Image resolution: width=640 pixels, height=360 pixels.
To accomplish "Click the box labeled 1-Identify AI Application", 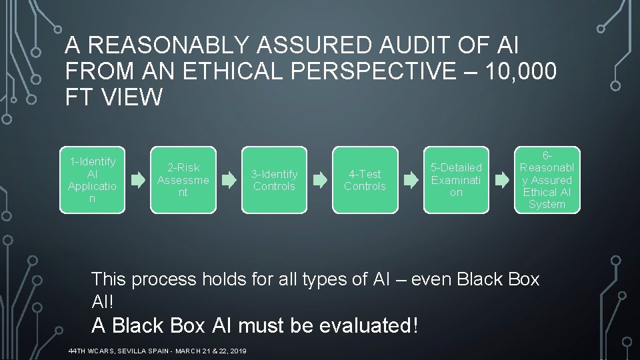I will (92, 180).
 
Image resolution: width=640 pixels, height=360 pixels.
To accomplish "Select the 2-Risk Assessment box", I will (183, 180).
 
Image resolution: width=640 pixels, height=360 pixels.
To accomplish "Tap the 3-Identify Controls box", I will (274, 180).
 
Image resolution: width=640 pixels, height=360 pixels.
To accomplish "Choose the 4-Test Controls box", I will (365, 180).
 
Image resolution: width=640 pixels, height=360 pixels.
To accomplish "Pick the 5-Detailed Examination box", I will (456, 180).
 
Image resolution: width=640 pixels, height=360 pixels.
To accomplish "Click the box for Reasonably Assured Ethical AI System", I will (547, 180).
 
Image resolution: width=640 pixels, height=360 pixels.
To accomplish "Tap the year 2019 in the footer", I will (237, 351).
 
